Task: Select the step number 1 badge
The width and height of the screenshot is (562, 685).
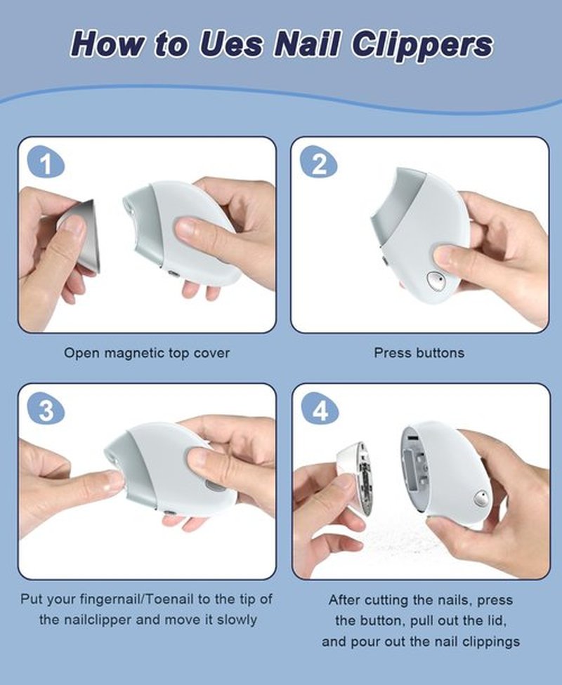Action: [x=46, y=164]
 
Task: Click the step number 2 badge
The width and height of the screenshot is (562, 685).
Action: [x=319, y=164]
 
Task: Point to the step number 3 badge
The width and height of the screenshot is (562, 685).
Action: [x=46, y=410]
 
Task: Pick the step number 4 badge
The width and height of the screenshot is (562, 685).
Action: [x=320, y=410]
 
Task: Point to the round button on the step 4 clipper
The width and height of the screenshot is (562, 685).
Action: [x=481, y=498]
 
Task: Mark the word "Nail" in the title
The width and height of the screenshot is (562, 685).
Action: [x=307, y=44]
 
